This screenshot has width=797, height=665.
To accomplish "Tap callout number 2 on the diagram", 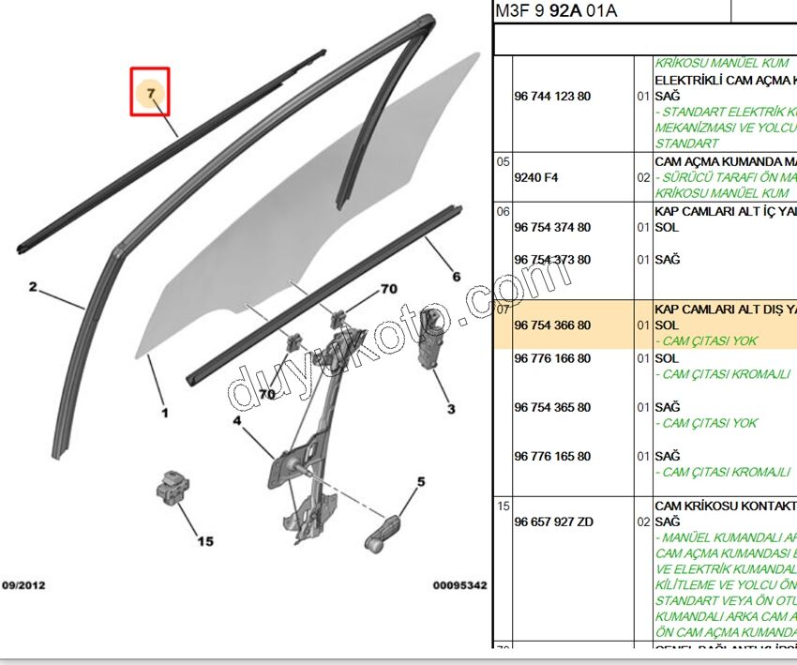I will pyautogui.click(x=33, y=287).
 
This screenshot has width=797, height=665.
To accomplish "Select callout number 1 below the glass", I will pyautogui.click(x=164, y=412).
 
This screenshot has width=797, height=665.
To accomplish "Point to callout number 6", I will pyautogui.click(x=457, y=277).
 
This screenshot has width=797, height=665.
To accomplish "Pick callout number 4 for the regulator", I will pyautogui.click(x=237, y=421).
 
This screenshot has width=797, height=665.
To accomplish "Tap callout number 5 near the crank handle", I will pyautogui.click(x=421, y=482).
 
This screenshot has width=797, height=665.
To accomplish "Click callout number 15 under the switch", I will pyautogui.click(x=205, y=540).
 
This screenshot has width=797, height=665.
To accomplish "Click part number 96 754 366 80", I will pyautogui.click(x=552, y=325).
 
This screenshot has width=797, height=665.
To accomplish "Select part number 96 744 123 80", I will pyautogui.click(x=552, y=96).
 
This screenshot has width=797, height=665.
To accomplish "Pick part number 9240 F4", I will pyautogui.click(x=535, y=177).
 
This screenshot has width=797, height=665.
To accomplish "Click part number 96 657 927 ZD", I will pyautogui.click(x=553, y=521).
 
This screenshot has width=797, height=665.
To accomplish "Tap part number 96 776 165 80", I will pyautogui.click(x=552, y=456).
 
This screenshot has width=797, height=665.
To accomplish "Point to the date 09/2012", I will pyautogui.click(x=23, y=585).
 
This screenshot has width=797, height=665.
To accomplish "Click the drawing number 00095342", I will pyautogui.click(x=459, y=585).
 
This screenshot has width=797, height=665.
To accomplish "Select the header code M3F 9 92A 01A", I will pyautogui.click(x=558, y=11).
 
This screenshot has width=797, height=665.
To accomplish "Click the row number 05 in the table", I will pyautogui.click(x=503, y=161).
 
